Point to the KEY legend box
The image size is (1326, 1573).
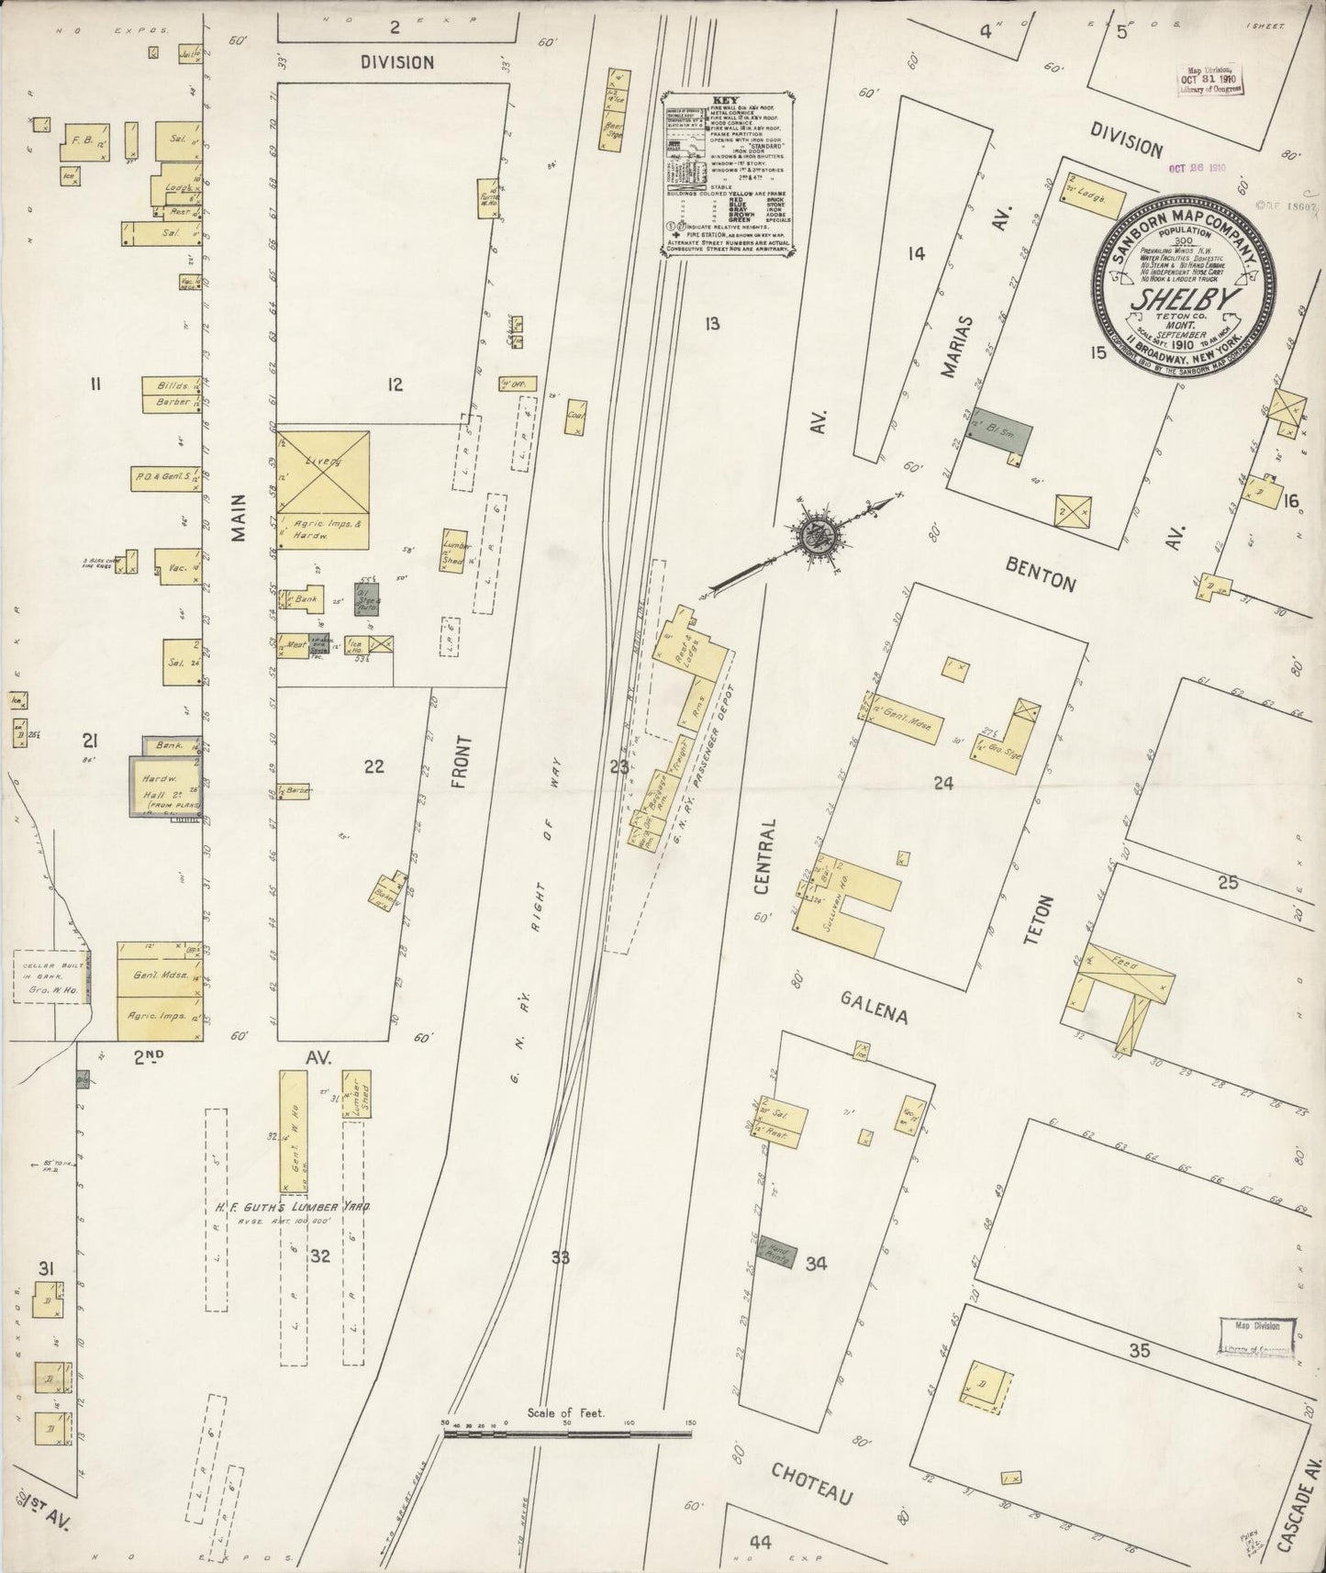click(730, 170)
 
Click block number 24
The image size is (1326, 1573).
click(942, 783)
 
